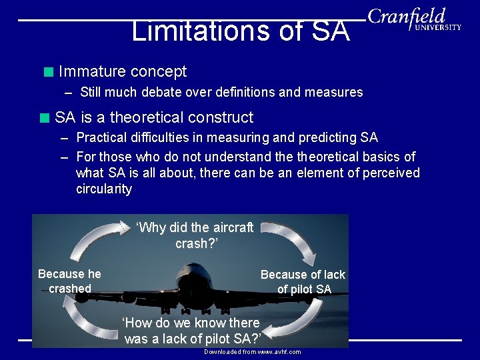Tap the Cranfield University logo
click(x=413, y=19)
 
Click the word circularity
click(x=104, y=189)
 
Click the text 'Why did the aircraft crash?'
click(x=194, y=235)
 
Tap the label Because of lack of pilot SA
click(x=303, y=281)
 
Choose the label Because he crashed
click(x=69, y=281)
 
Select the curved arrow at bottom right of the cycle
click(x=293, y=323)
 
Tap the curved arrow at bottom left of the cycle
click(x=87, y=319)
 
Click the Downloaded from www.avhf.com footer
click(x=252, y=351)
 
